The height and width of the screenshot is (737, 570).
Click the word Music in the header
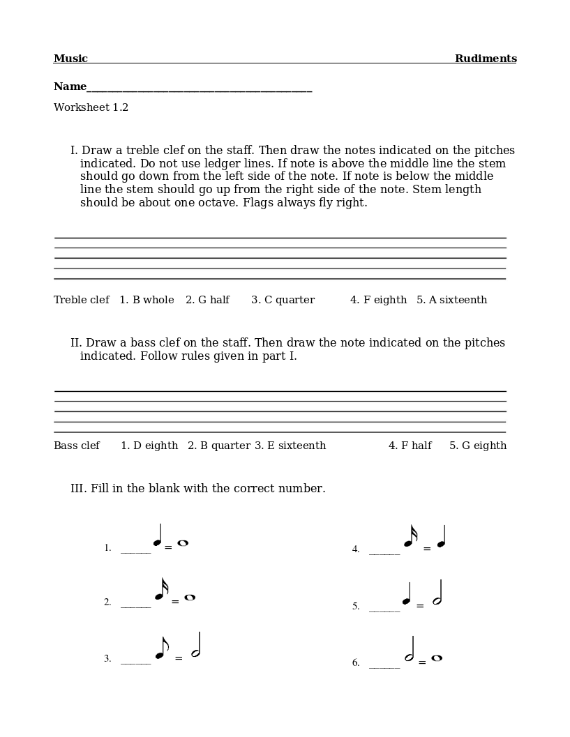pos(70,59)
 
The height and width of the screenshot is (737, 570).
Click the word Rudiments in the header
pos(486,59)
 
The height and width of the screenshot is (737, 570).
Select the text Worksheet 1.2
pos(91,107)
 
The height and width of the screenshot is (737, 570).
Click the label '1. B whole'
pos(147,300)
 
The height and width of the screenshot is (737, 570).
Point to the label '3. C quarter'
pos(283,300)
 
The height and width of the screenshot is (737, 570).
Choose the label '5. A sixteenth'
pos(451,300)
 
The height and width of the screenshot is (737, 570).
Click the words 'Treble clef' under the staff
pos(81,300)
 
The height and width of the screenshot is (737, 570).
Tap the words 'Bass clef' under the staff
pos(77,446)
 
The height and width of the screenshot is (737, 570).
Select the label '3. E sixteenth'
pos(290,446)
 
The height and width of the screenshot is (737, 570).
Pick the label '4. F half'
pos(410,446)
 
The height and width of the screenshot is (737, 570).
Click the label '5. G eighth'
pos(478,446)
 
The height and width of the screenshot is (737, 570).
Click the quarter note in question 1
pos(158,538)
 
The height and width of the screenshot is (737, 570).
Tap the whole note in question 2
pos(190,598)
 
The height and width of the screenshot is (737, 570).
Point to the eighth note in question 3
pos(161,650)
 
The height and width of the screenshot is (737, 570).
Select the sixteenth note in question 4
pos(410,538)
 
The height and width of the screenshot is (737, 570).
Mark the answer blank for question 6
pos(384,666)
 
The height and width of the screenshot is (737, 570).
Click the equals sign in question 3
pos(179,658)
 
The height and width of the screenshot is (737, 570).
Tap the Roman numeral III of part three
pos(77,488)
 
